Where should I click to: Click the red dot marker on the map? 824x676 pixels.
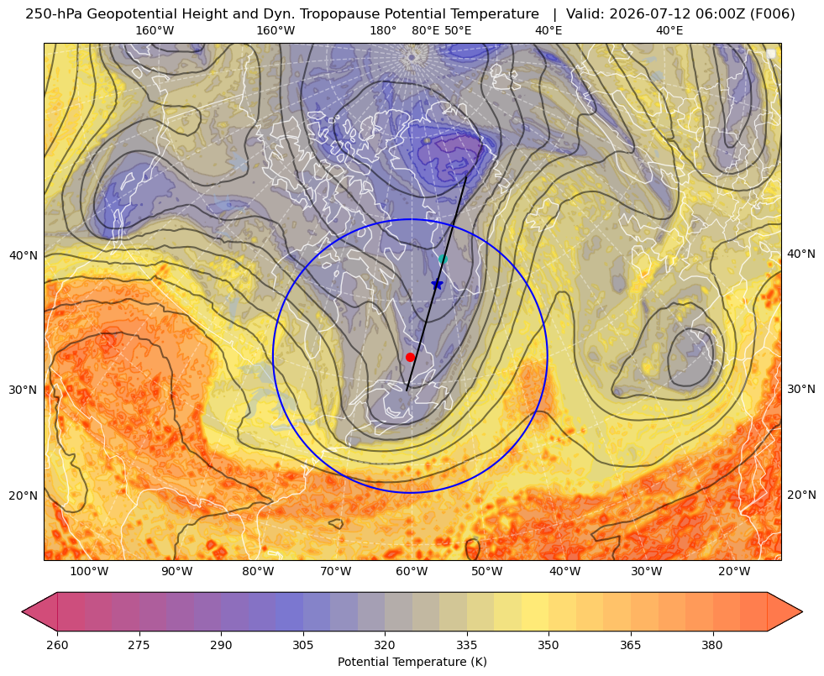[x=410, y=357]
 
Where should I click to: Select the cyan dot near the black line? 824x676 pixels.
[x=443, y=259]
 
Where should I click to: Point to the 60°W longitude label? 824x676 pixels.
[x=412, y=572]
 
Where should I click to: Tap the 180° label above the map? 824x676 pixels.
[x=383, y=30]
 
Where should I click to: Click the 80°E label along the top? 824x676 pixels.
[x=426, y=30]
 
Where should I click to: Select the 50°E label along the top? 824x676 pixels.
[x=458, y=30]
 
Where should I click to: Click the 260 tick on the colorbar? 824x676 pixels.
[x=57, y=645]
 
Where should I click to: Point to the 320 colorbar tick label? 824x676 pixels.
[x=385, y=645]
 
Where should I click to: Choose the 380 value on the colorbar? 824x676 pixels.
[x=712, y=645]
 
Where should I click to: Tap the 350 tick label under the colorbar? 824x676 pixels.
[x=548, y=645]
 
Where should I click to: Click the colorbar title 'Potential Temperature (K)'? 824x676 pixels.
[x=412, y=662]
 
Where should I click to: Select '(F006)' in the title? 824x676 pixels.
[x=773, y=14]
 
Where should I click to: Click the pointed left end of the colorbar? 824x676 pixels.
[x=22, y=611]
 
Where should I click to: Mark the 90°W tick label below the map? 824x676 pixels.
[x=176, y=572]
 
